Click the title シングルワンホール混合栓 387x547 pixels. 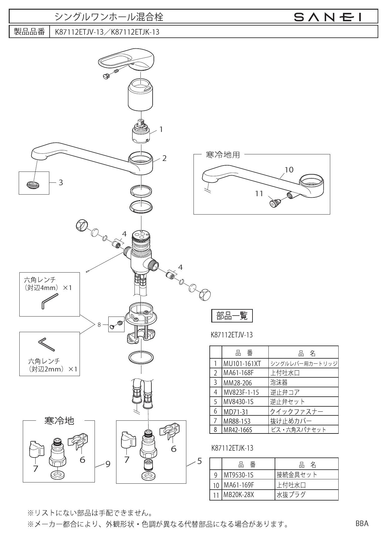click(x=109, y=17)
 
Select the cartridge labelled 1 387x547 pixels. click(x=140, y=133)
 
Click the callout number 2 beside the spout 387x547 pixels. click(x=164, y=158)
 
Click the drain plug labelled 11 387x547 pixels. click(x=274, y=203)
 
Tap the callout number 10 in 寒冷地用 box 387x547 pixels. click(x=289, y=169)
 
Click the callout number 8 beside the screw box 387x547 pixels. click(x=99, y=325)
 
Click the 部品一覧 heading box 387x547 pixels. click(x=232, y=316)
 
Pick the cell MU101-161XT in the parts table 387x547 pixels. click(x=242, y=364)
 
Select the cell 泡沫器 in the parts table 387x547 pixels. click(x=279, y=382)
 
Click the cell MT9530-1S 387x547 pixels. click(x=238, y=475)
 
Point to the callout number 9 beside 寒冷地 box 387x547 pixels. click(x=108, y=464)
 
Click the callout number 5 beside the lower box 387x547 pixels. click(x=199, y=461)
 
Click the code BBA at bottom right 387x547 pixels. click(x=362, y=524)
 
